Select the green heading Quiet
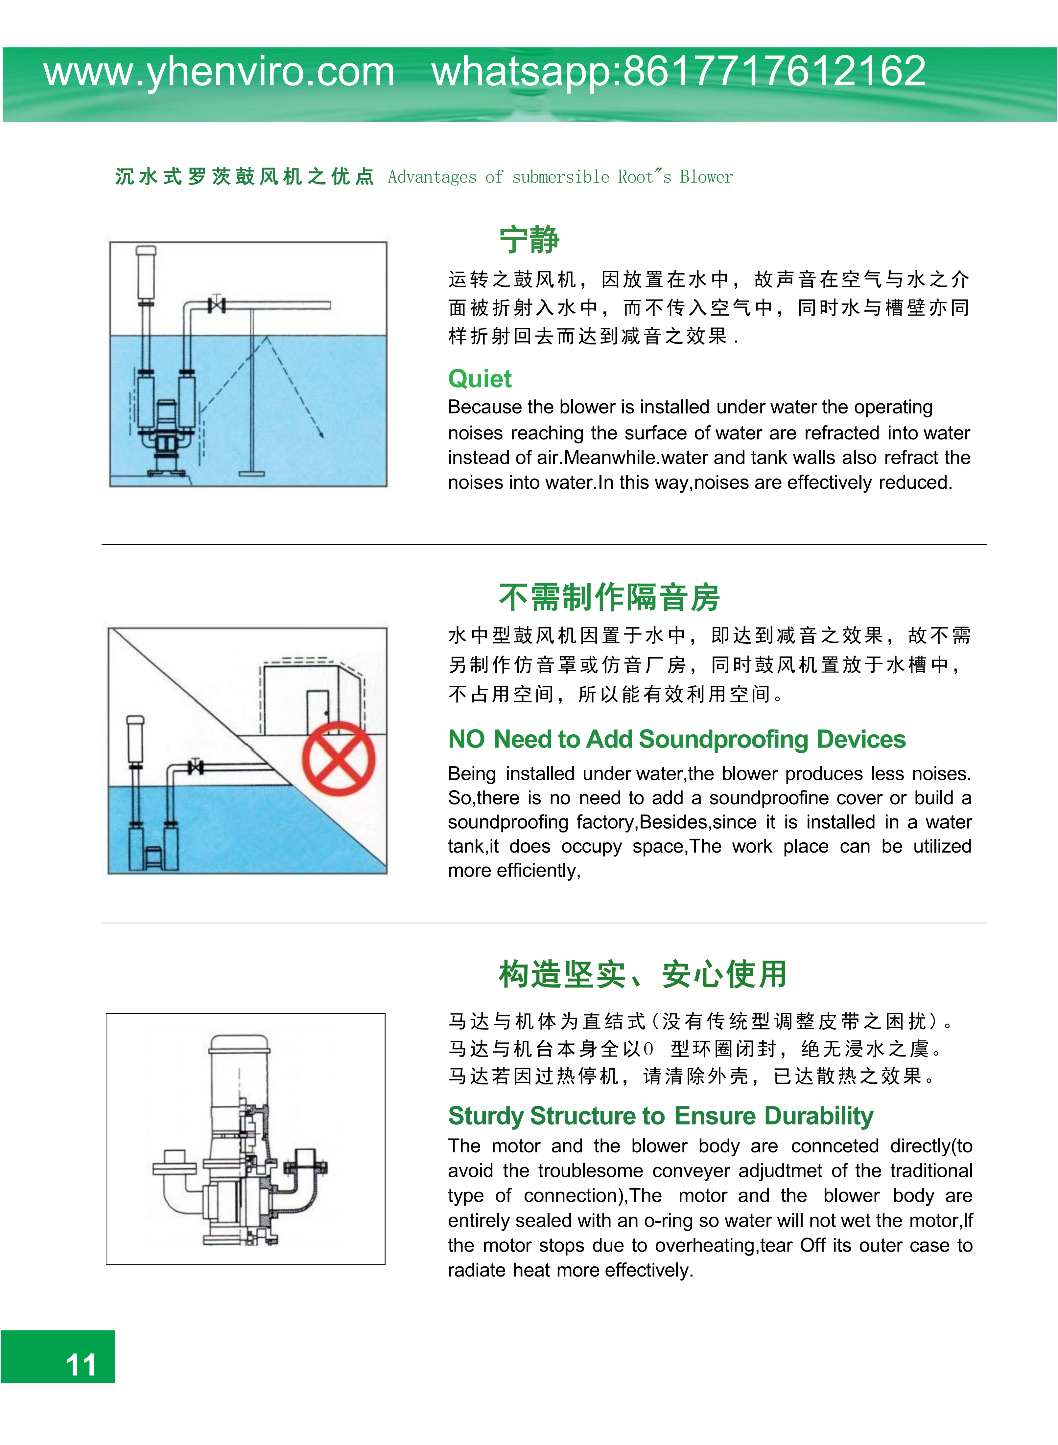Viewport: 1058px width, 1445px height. [x=480, y=379]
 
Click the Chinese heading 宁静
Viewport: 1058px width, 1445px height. [x=529, y=240]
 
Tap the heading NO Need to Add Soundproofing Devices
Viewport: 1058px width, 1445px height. [x=676, y=739]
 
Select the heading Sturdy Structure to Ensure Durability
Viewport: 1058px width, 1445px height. [x=660, y=1115]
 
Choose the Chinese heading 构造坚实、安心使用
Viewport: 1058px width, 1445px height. [x=642, y=974]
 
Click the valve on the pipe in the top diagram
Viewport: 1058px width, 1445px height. [x=217, y=305]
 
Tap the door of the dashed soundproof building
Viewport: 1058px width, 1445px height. [x=317, y=712]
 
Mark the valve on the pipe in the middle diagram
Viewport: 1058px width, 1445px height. [x=196, y=766]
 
